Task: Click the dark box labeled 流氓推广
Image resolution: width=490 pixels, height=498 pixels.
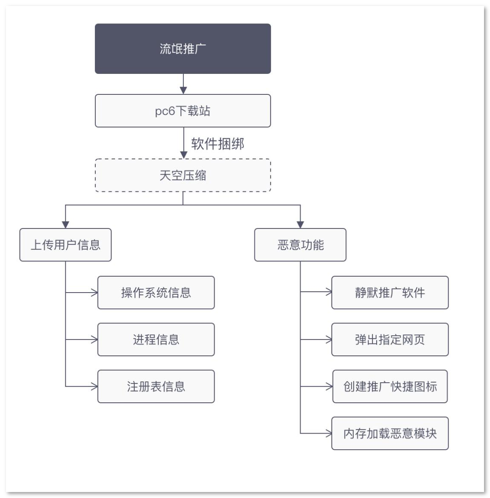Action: point(183,49)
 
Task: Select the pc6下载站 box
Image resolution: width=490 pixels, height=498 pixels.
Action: point(183,111)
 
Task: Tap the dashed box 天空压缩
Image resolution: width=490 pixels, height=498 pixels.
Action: point(183,175)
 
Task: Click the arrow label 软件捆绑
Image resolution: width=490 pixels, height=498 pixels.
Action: point(218,144)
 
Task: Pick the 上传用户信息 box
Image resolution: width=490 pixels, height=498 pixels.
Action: point(65,245)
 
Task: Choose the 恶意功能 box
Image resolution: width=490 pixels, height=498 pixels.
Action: point(300,245)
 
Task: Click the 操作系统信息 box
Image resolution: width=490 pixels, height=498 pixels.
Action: point(156,293)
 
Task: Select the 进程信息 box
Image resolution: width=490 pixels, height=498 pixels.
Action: point(156,340)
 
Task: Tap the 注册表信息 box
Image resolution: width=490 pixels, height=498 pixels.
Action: point(156,387)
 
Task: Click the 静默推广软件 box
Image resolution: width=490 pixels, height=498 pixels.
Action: point(390,293)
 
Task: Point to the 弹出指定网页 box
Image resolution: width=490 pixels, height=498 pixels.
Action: point(390,340)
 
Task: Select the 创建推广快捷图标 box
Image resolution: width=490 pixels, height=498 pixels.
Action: point(390,387)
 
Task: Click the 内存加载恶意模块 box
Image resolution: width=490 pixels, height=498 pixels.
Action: point(390,434)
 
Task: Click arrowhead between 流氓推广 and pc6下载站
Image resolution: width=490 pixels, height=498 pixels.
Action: point(183,90)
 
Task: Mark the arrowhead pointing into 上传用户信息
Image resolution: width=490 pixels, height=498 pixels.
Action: point(65,225)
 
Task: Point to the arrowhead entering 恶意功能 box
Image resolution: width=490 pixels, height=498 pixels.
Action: point(300,225)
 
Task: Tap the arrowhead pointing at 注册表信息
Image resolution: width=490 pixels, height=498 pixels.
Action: point(94,387)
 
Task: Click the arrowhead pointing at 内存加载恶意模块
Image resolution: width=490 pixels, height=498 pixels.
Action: point(328,434)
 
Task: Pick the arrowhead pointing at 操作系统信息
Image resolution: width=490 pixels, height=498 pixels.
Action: point(94,293)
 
